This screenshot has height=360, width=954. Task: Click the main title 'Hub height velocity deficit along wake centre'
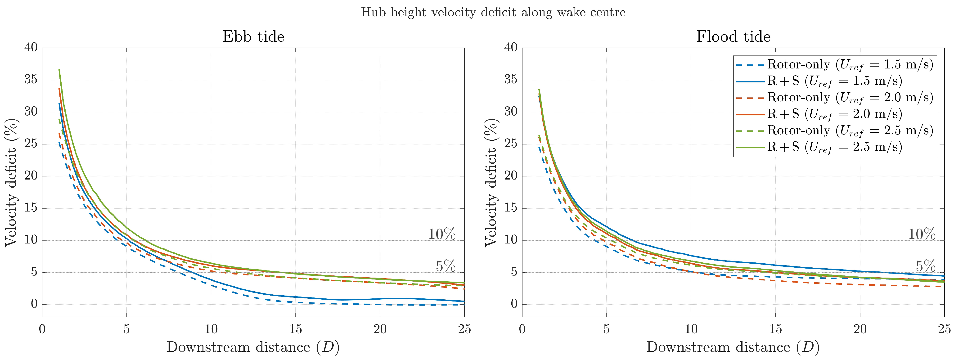[x=493, y=13]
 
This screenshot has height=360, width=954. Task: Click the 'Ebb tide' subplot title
[x=253, y=37]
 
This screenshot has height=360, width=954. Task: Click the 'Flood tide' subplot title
[x=733, y=37]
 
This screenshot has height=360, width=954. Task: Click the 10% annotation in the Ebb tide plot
[x=442, y=234]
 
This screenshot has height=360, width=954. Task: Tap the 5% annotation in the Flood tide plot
[x=926, y=266]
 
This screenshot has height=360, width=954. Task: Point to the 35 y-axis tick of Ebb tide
[x=31, y=80]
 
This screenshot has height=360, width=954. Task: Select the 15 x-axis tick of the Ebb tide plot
[x=296, y=329]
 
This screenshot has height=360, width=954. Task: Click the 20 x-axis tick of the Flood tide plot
[x=860, y=329]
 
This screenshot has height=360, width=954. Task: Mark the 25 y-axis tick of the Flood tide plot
[x=511, y=144]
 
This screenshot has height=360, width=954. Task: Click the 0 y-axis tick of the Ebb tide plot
[x=34, y=304]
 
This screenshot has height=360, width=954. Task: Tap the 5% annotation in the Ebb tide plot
[x=445, y=266]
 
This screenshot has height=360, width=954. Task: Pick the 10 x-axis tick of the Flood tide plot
[x=691, y=329]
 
